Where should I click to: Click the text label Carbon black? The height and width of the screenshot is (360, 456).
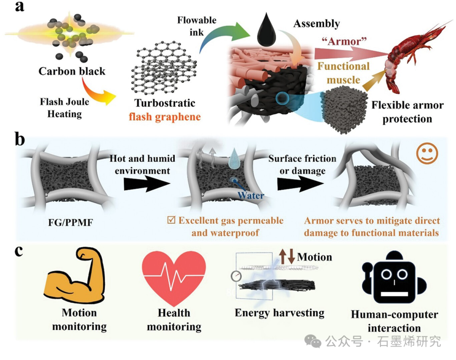click(72, 71)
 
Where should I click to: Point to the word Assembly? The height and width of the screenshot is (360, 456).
click(317, 24)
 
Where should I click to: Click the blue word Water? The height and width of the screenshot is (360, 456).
click(251, 195)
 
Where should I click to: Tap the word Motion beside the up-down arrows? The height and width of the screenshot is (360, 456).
click(315, 257)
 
